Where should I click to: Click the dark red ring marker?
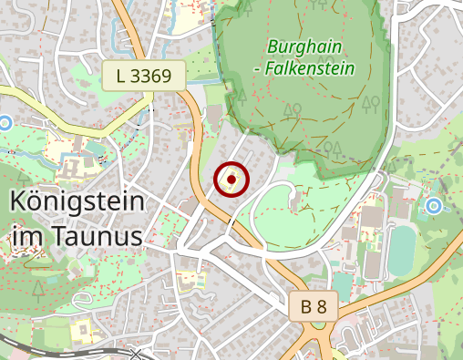(231, 180)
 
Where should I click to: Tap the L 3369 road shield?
(144, 77)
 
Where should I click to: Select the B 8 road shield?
(314, 307)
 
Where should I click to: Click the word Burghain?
(297, 46)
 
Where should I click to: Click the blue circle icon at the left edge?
(5, 121)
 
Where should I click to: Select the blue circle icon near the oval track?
(434, 206)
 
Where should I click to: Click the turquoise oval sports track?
(401, 252)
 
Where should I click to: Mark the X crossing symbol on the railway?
(137, 353)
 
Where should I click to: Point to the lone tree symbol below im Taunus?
(38, 288)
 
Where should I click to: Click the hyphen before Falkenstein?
(258, 68)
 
